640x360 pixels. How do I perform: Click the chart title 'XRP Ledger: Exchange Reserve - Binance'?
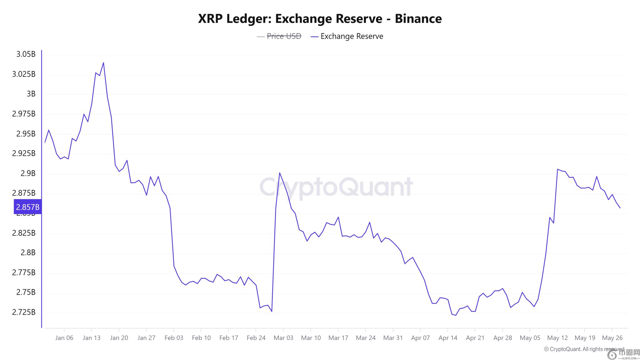point(320,19)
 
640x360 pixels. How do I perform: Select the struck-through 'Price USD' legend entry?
point(284,36)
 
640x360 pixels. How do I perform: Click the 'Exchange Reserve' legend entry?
point(352,36)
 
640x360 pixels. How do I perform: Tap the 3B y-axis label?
point(31,94)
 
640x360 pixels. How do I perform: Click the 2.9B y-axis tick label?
point(28,173)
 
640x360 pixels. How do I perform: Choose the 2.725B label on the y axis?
point(24,312)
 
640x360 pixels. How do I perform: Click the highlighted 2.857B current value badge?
point(27,207)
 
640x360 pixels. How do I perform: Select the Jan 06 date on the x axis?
point(64,338)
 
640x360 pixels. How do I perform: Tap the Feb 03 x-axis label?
point(174,338)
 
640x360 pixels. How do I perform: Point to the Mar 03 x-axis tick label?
point(283,338)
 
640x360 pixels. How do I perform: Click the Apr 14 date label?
point(448,338)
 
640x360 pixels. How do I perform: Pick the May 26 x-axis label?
point(612,338)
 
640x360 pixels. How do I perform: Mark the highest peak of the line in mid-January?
point(103,62)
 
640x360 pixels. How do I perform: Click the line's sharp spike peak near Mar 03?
point(279,172)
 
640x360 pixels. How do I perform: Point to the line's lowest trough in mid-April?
point(456,315)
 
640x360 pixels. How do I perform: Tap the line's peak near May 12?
point(557,169)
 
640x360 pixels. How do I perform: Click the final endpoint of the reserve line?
point(620,208)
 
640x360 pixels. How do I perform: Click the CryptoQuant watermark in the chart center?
point(336,187)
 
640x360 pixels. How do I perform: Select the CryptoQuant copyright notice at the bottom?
point(584,349)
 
